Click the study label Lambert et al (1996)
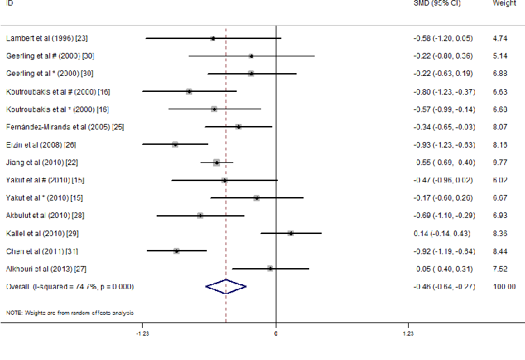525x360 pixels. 46,38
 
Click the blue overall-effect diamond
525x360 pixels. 226,286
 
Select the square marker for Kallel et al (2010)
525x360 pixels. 290,233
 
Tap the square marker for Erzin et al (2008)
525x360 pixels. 175,144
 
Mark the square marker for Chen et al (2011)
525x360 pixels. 177,251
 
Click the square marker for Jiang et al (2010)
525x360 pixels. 217,162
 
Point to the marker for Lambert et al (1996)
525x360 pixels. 213,38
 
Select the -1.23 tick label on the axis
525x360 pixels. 142,334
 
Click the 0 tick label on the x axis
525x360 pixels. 276,334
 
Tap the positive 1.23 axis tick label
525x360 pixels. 409,334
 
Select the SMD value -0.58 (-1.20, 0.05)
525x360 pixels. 443,38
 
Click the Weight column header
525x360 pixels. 504,3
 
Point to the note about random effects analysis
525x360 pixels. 70,312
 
